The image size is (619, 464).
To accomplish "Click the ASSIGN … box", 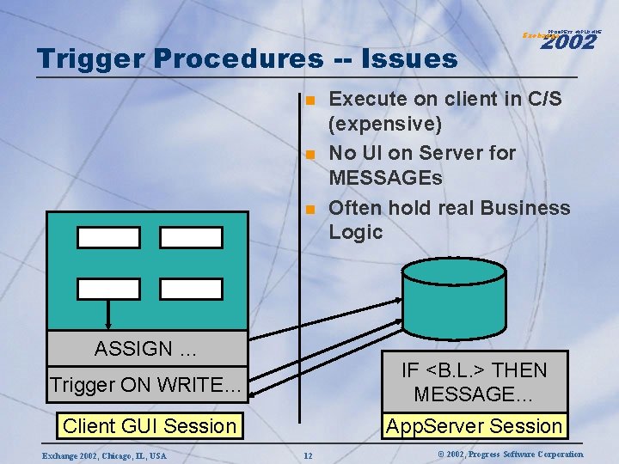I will click(146, 349).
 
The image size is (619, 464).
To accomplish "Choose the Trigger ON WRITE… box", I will click(146, 385).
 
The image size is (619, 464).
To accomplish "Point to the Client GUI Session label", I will click(150, 425).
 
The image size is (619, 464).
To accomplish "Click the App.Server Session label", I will click(474, 425).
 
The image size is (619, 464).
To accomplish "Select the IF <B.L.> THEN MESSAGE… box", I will click(474, 382).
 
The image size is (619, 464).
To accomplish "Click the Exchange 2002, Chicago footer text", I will click(102, 455).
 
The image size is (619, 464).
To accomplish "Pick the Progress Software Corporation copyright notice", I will click(498, 454).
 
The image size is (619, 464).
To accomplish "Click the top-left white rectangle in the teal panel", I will click(108, 237).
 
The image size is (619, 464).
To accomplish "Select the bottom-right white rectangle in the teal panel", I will click(191, 289).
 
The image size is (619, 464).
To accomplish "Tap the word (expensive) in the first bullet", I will click(385, 124).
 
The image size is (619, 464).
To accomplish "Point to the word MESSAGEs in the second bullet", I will click(386, 178).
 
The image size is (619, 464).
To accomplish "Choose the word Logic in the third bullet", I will click(355, 232).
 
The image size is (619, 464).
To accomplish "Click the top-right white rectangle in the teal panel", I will click(191, 237).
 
